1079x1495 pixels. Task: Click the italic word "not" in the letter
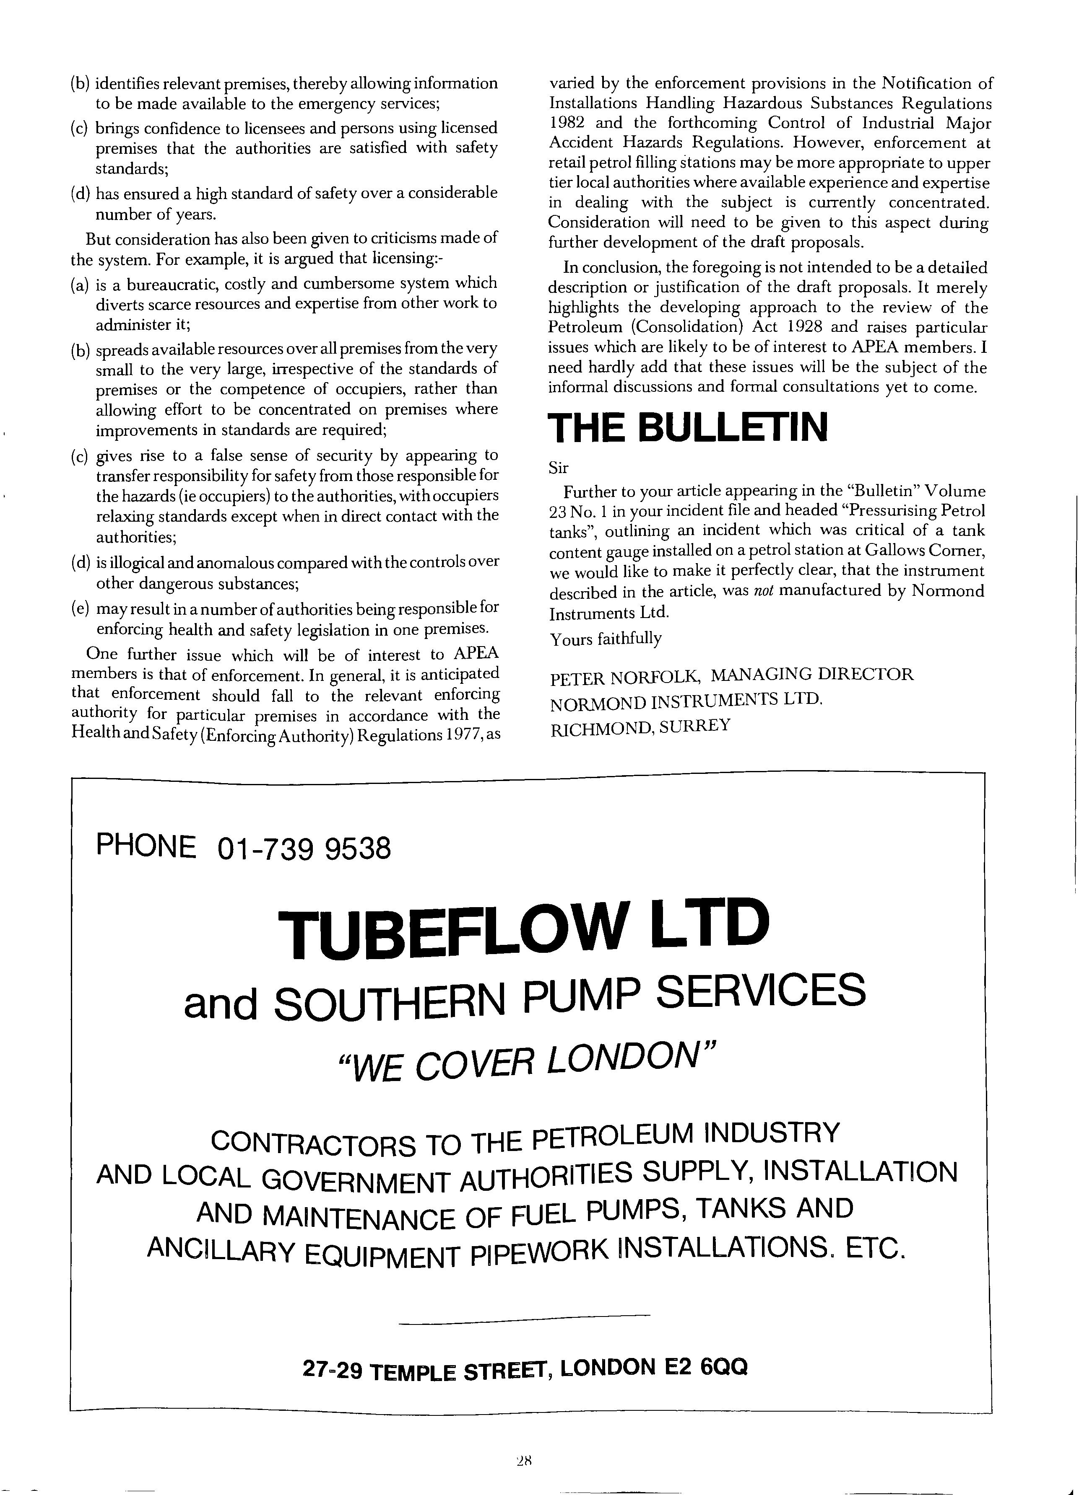762,591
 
